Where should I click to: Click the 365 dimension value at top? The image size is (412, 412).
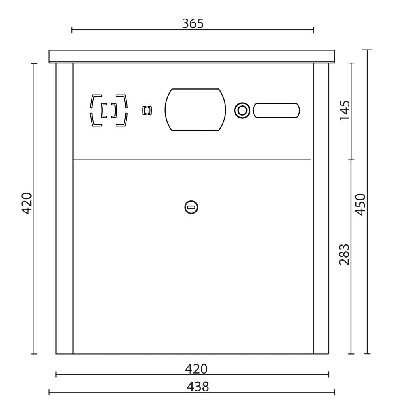[193, 24]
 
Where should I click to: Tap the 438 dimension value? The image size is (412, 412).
[198, 387]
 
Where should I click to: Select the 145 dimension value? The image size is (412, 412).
[345, 110]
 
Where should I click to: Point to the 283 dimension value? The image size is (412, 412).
[344, 254]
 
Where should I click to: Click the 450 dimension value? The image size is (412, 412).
[360, 205]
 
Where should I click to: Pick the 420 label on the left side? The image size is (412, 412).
[27, 203]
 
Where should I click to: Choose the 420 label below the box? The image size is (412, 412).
[196, 369]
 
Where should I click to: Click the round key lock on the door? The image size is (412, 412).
[191, 207]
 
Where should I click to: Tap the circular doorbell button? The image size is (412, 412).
[242, 110]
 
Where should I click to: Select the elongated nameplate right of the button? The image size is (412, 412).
[276, 110]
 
